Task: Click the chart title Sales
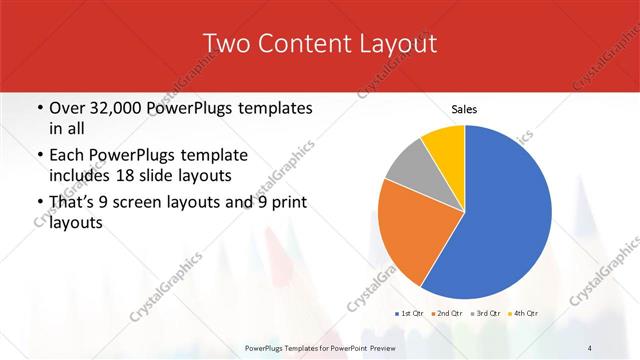click(464, 108)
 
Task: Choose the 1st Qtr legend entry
click(410, 313)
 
